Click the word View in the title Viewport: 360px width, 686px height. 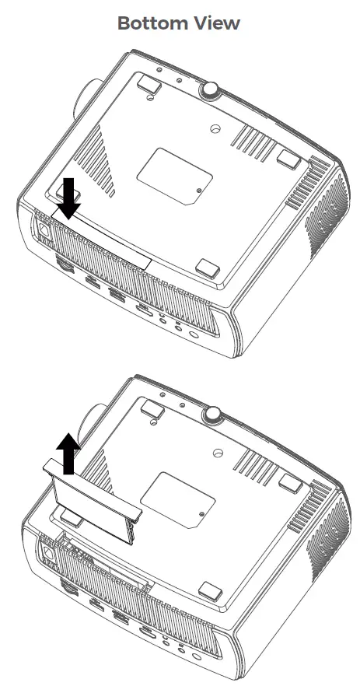218,23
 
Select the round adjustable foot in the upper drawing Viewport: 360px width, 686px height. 210,89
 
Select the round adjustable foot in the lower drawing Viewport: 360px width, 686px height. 210,415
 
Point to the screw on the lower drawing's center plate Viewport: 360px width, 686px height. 201,513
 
